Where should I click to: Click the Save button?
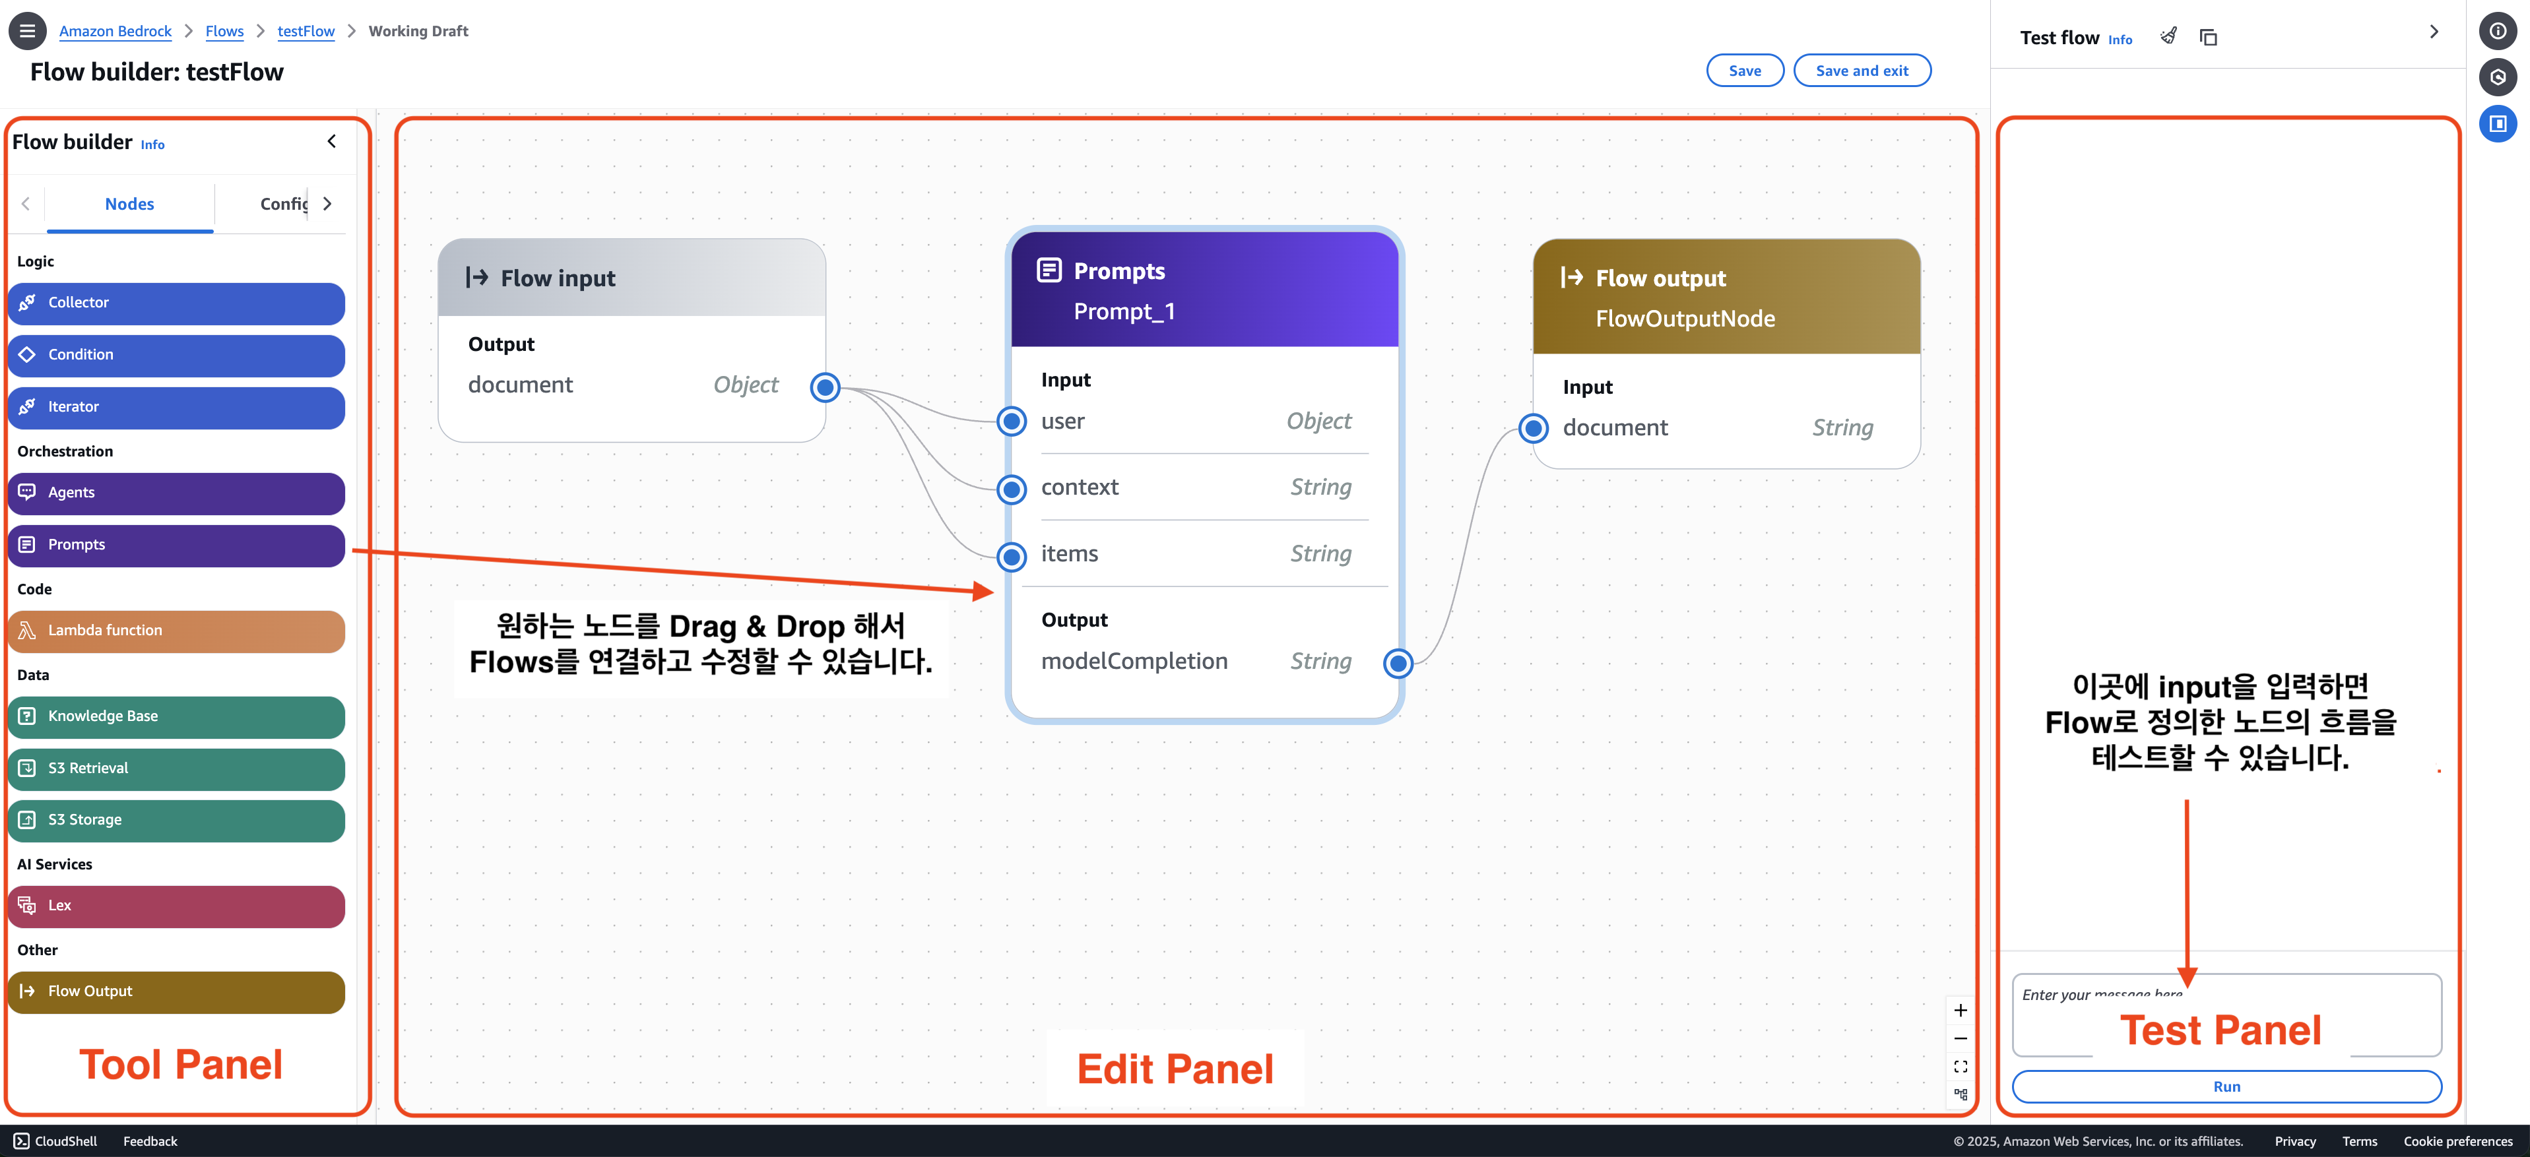pyautogui.click(x=1744, y=71)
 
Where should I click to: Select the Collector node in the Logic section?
pyautogui.click(x=177, y=303)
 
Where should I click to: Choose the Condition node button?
pyautogui.click(x=177, y=356)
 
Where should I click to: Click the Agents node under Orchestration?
pyautogui.click(x=177, y=493)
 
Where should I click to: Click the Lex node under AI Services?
pyautogui.click(x=177, y=906)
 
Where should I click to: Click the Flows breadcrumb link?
pyautogui.click(x=224, y=32)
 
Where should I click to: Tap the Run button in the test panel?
pyautogui.click(x=2226, y=1086)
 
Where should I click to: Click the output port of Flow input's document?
pyautogui.click(x=825, y=388)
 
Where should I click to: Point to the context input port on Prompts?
pyautogui.click(x=1012, y=489)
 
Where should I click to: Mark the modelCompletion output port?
pyautogui.click(x=1398, y=664)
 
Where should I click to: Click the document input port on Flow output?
pyautogui.click(x=1533, y=428)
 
